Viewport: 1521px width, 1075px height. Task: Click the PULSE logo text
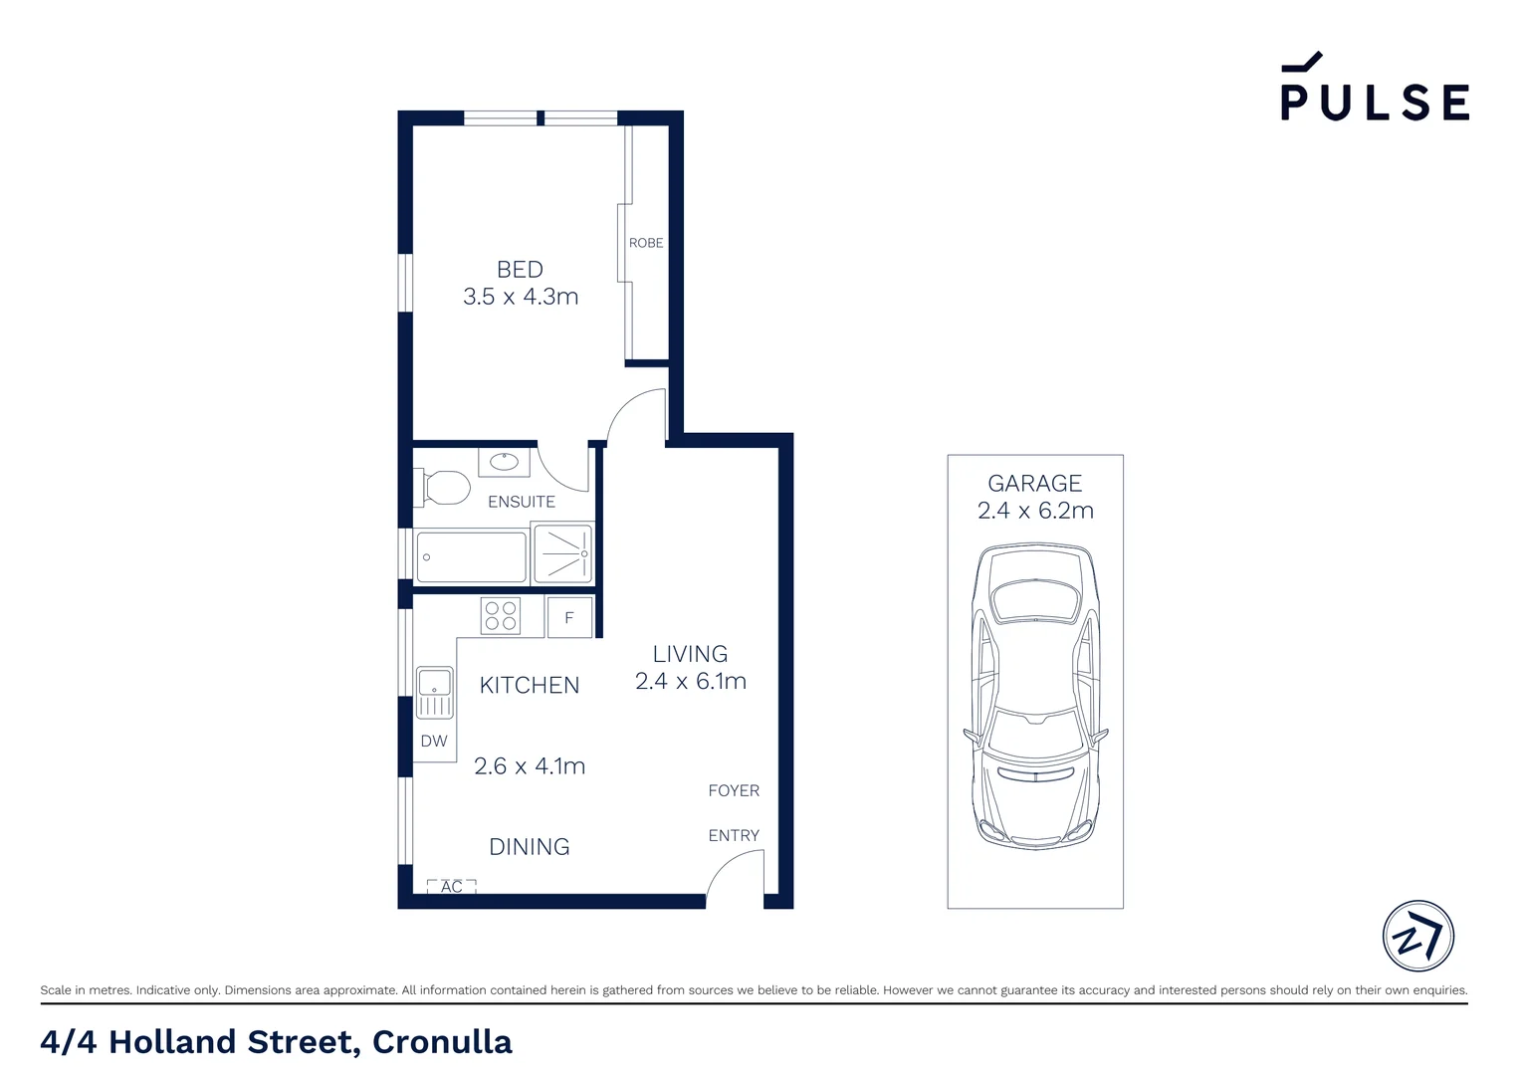pos(1374,101)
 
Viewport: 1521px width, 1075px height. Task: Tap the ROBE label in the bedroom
pos(645,243)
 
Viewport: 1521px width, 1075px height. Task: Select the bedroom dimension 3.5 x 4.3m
pos(521,297)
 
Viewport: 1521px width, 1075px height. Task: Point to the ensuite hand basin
pos(504,462)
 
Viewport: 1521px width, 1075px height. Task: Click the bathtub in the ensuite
pos(471,557)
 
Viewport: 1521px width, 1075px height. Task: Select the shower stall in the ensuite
pos(563,553)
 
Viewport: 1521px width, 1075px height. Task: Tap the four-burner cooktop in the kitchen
pos(500,616)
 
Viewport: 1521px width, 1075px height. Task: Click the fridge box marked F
pos(569,618)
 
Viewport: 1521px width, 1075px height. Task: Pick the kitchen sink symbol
pos(434,693)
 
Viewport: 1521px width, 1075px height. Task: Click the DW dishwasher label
pos(434,741)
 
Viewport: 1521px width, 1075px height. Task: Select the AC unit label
pos(451,886)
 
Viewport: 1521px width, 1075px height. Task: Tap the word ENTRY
pos(734,836)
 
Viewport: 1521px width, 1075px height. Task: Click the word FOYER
pos(734,791)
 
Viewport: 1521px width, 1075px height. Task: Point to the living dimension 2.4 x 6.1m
pos(691,682)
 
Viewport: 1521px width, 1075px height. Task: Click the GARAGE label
pos(1034,484)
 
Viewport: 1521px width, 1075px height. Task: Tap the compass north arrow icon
pos(1417,937)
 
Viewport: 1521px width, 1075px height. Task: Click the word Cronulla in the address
pos(442,1042)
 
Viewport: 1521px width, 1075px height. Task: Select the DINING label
pos(530,847)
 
